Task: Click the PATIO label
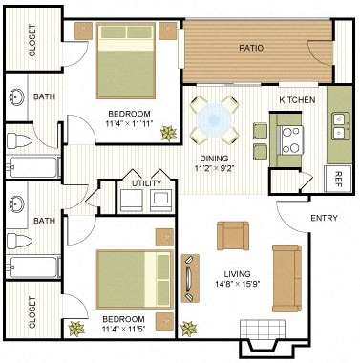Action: [250, 45]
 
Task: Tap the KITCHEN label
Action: [297, 100]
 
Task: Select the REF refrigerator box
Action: [338, 176]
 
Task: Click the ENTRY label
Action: [325, 218]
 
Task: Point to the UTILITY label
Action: [146, 182]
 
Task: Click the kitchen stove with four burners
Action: [290, 139]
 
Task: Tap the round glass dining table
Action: [215, 118]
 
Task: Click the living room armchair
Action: [233, 235]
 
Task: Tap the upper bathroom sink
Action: [18, 96]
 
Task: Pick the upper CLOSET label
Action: [32, 40]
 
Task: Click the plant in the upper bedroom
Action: [169, 132]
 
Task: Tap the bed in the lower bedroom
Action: [134, 279]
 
